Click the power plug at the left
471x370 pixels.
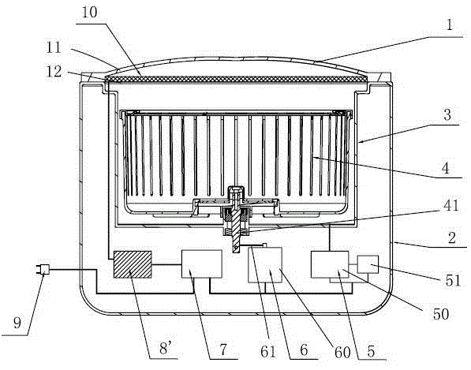tap(43, 269)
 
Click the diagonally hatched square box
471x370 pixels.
tap(133, 264)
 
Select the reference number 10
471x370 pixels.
tap(89, 13)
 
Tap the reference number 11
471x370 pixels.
tap(54, 47)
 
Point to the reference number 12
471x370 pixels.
tap(54, 72)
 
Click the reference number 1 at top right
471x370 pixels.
tap(449, 24)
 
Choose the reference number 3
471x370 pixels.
tap(447, 114)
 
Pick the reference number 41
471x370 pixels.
tap(450, 206)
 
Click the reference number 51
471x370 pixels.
tap(453, 281)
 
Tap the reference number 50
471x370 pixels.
tap(441, 314)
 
